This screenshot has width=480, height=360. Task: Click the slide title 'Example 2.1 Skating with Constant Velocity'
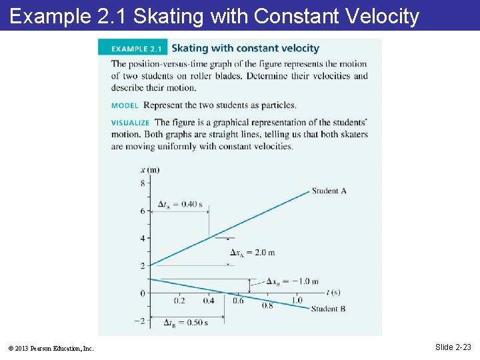point(215,16)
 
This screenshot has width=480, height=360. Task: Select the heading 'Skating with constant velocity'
point(245,48)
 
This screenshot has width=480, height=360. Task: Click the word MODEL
point(125,105)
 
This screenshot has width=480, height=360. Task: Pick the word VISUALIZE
point(130,123)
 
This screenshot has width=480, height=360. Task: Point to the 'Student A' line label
point(329,191)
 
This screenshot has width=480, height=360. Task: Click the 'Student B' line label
point(329,309)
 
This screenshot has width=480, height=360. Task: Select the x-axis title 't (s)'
point(334,292)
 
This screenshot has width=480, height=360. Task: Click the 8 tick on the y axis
point(142,183)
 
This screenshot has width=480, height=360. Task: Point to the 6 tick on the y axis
point(142,211)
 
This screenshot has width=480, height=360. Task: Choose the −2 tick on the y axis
point(139,321)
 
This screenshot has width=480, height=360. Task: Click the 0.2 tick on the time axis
point(179,301)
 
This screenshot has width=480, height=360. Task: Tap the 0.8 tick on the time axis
point(267,305)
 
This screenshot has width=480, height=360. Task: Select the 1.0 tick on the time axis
point(297,301)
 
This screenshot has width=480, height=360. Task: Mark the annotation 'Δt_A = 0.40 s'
point(180,204)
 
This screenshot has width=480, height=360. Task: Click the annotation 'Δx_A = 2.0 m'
point(252,253)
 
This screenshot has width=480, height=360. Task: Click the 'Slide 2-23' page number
point(453,347)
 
